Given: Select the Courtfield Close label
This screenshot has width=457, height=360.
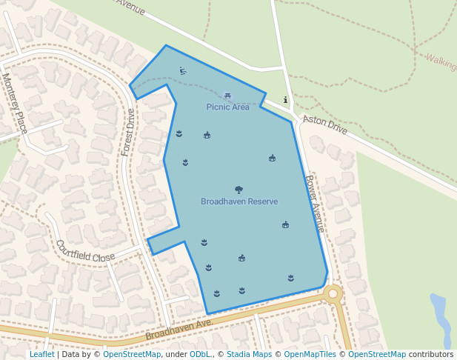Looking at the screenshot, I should [84, 251].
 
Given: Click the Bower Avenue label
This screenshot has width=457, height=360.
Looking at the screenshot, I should [315, 203].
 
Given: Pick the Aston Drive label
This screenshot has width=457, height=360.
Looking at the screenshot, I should [325, 124].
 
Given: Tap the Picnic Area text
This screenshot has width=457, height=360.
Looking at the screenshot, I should [227, 107].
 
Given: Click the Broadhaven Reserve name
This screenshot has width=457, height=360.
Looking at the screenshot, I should [239, 201].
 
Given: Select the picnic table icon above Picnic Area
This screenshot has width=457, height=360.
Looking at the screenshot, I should [227, 96].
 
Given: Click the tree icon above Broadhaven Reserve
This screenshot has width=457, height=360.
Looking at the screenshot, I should [238, 190].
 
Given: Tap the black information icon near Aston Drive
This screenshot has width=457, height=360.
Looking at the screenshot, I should [286, 100].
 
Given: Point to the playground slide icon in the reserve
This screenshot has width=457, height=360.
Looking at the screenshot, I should [183, 71].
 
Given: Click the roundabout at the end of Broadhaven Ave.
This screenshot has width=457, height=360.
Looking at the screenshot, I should [333, 294].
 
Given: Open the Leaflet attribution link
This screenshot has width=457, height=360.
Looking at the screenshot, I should [41, 354].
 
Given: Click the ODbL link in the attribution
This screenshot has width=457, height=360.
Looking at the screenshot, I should [200, 354].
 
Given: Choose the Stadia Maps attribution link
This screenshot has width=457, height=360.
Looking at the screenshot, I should [249, 354].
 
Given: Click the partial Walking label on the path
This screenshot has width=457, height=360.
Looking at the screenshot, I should [440, 61].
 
